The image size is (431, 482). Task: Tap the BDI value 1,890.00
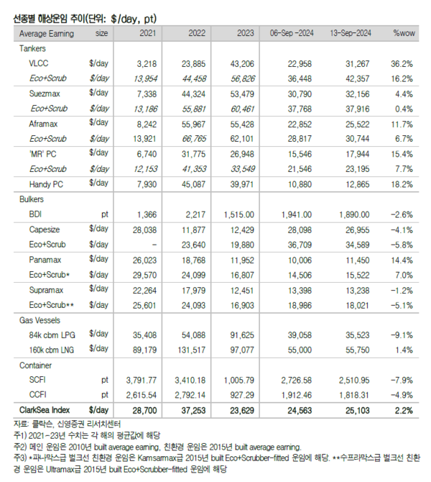(353, 214)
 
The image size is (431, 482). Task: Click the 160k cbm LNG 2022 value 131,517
(190, 350)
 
